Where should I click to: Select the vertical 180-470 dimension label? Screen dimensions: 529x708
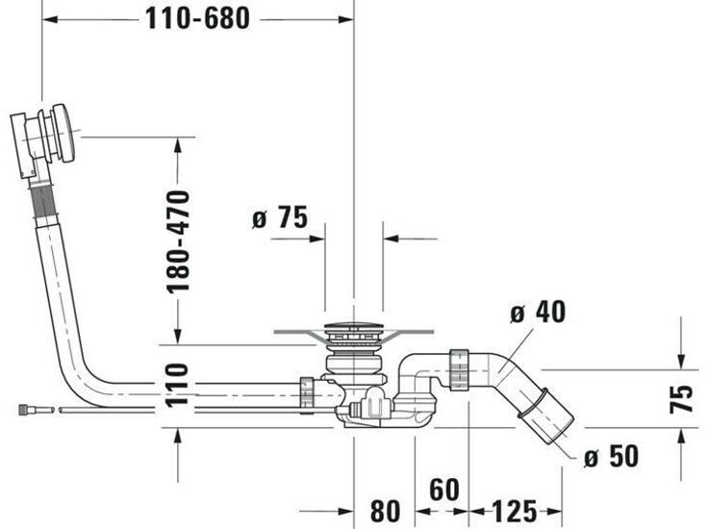[179, 241]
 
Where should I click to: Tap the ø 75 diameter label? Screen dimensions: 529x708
[279, 218]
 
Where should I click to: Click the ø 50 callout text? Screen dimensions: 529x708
[611, 457]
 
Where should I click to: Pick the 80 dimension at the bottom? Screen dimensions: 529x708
[385, 508]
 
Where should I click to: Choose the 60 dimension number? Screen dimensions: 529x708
[443, 489]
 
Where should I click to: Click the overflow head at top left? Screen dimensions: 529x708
[44, 138]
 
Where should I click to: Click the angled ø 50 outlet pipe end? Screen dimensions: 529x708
[547, 415]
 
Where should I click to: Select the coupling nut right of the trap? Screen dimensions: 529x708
[458, 370]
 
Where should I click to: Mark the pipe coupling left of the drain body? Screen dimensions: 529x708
[307, 392]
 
